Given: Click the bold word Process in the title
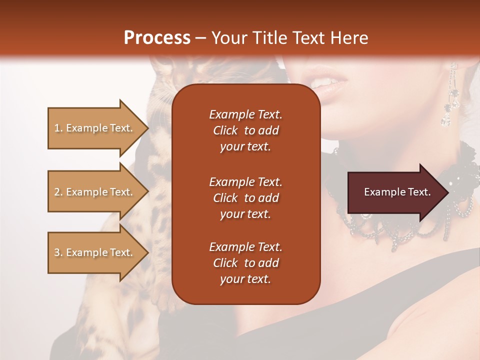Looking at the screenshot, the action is pos(157,37).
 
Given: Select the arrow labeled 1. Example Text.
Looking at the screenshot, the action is pos(95,128).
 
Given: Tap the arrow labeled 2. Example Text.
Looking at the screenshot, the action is pos(95,192).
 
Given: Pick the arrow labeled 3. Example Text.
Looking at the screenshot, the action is pos(95,252).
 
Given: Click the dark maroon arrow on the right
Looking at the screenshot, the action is pos(395,192).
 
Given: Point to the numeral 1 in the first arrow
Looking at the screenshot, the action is pos(56,128).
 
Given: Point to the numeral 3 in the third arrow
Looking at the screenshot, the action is pos(56,252).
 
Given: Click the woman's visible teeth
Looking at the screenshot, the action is pos(325,81).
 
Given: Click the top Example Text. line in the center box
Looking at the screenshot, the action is pos(245,114).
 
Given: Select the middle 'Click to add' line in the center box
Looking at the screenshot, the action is pos(245,198).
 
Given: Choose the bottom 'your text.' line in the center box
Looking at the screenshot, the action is pos(245,279).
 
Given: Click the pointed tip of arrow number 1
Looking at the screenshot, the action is pos(148,128).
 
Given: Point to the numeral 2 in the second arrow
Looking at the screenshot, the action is pos(57,192).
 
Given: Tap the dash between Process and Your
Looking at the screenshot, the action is pos(200,38).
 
